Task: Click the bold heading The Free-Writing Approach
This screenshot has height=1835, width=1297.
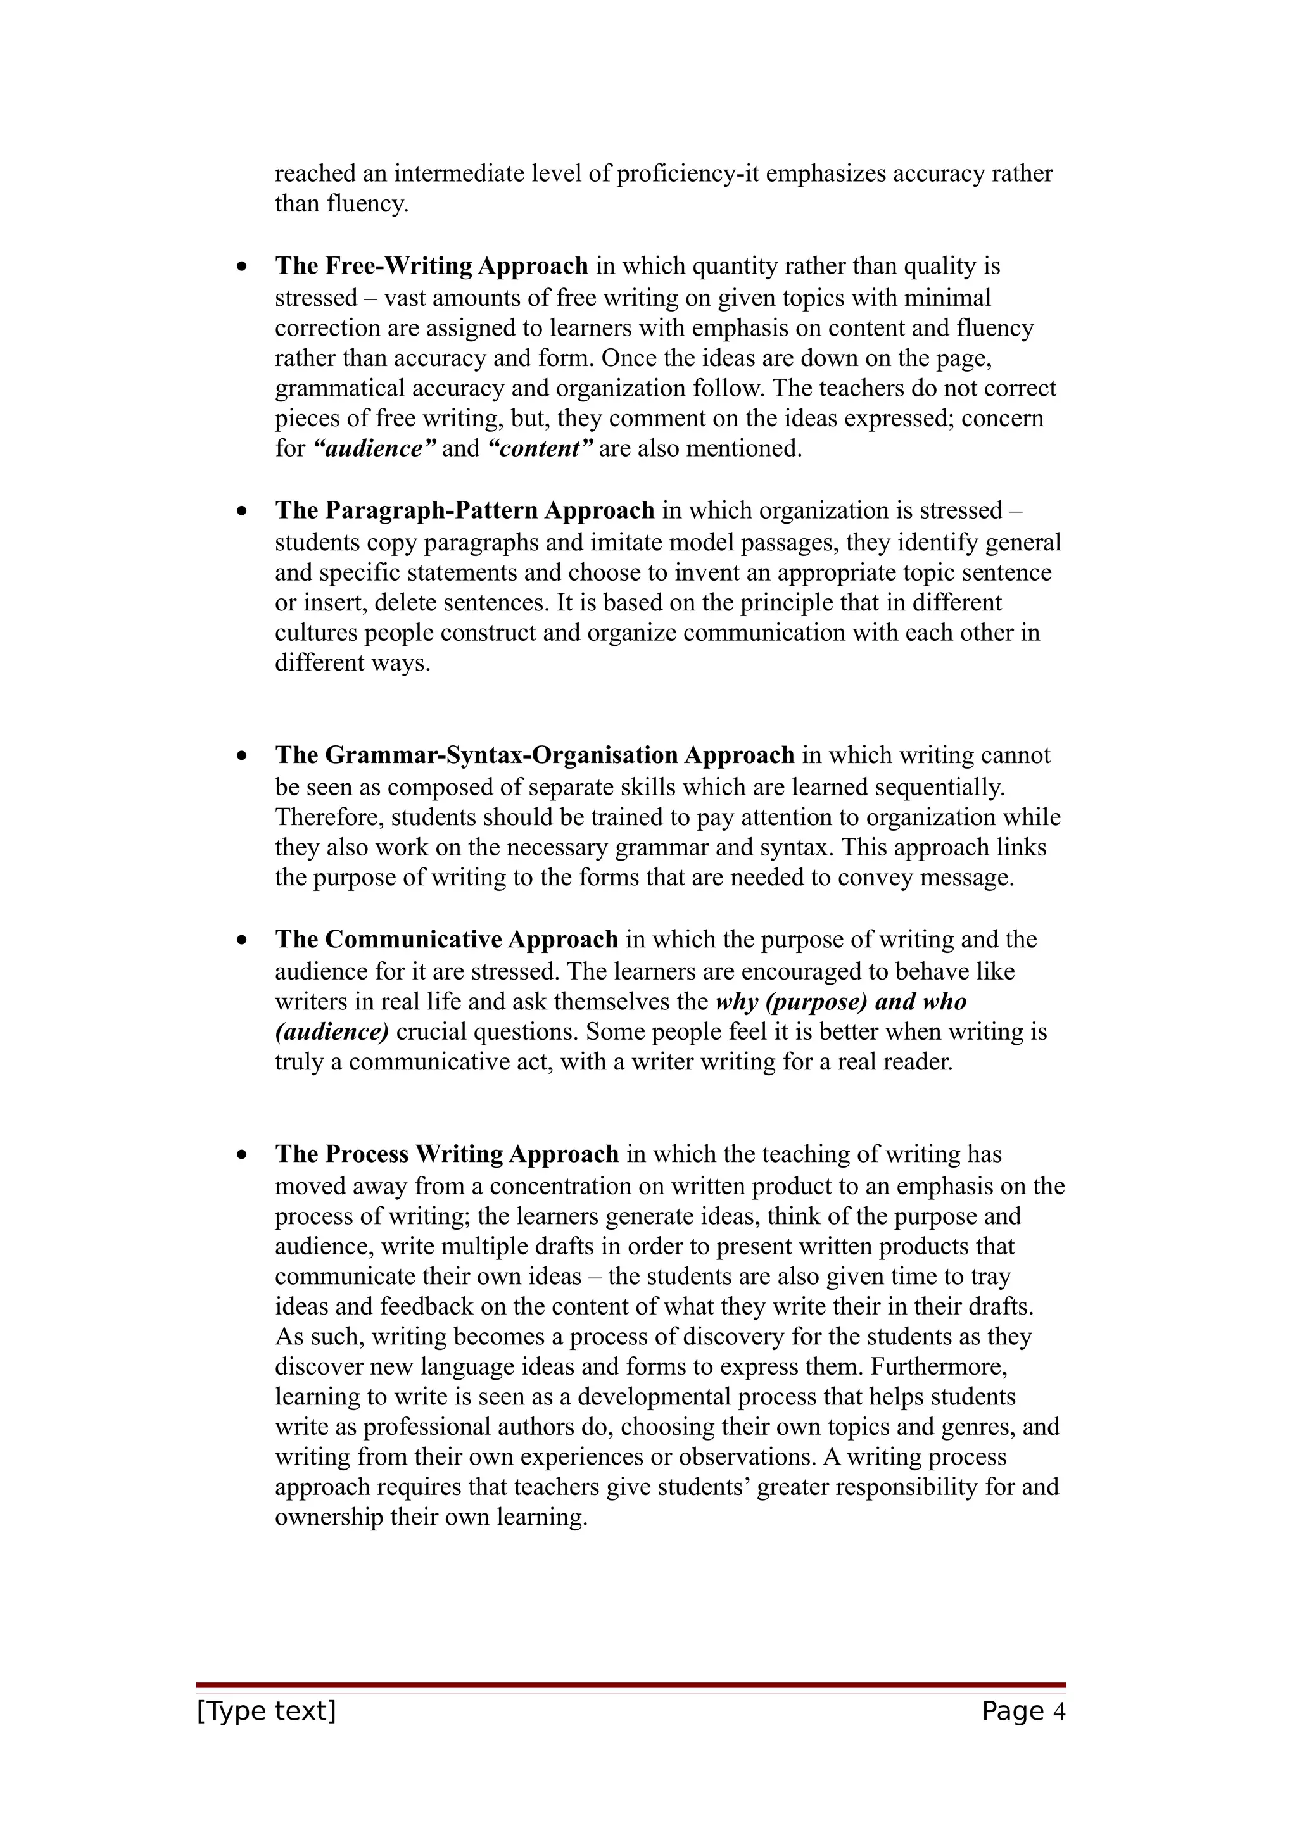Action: [431, 266]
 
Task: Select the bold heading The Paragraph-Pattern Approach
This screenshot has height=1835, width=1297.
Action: [464, 511]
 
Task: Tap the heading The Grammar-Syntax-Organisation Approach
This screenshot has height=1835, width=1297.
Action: [535, 755]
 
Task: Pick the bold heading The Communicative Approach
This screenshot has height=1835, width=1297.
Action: [446, 939]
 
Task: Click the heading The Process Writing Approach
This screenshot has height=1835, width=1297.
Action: [446, 1154]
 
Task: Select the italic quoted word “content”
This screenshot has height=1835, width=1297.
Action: [540, 448]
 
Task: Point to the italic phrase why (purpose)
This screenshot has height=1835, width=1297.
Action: [791, 1002]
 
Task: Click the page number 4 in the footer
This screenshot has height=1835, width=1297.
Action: [1060, 1711]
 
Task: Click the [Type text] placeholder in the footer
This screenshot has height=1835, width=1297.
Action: [266, 1711]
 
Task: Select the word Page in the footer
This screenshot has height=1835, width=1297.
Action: [1013, 1711]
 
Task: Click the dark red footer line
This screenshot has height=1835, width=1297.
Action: [631, 1685]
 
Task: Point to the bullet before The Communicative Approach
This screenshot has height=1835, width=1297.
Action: [242, 941]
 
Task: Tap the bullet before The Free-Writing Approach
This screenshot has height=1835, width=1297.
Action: [242, 268]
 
